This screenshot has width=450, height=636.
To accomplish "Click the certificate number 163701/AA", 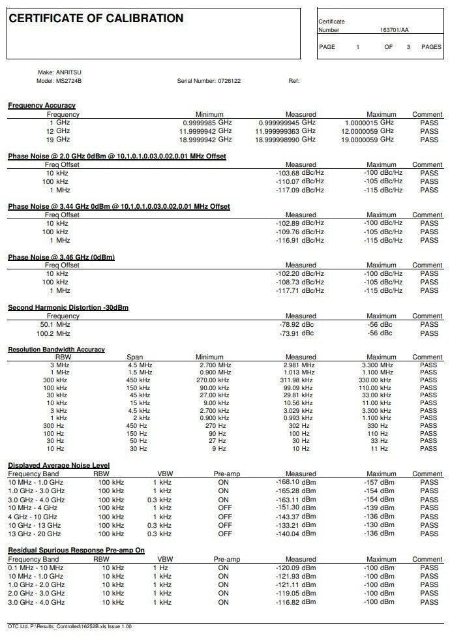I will pos(394,30).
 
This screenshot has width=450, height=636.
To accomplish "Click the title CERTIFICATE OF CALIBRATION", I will pos(96,18).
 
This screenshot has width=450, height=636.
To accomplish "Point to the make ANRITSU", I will pos(68,72).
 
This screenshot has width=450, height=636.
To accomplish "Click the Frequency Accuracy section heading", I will pos(42,105).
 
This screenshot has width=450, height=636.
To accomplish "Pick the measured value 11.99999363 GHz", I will pos(285,131).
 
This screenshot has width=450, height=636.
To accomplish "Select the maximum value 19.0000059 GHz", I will pos(368,140).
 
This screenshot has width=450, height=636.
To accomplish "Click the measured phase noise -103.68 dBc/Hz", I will pos(299,173).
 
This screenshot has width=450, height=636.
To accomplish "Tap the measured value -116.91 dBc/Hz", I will pos(299,240).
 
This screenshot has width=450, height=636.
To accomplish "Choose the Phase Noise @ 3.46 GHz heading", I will pos(61,257).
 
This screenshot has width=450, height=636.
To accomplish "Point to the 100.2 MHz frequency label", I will pos(55,333).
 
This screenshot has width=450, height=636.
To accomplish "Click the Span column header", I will pos(134,357).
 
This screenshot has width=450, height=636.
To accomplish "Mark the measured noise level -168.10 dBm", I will pos(296,482).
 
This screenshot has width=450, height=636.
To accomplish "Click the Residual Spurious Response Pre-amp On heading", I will pos(76,551).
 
